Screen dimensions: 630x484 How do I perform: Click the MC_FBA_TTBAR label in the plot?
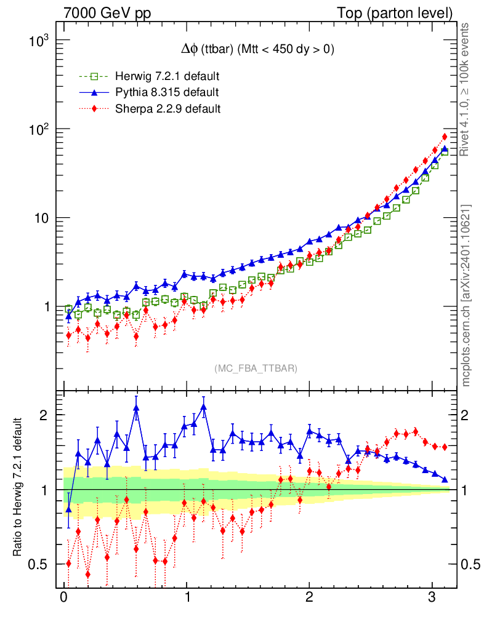256,369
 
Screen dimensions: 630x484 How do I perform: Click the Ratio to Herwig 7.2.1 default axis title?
18,488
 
